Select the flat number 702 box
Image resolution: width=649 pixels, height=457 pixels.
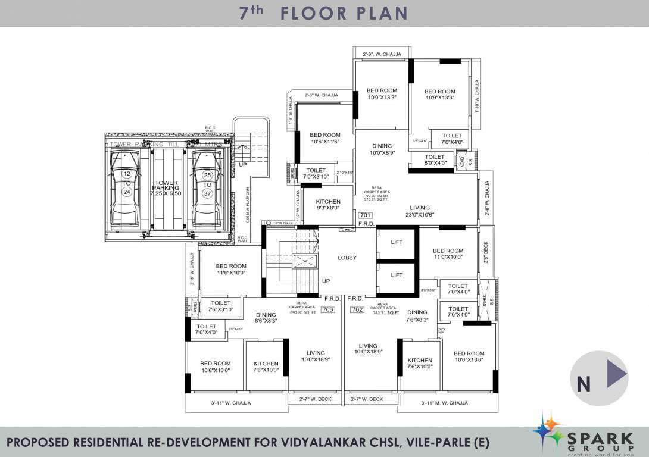pyautogui.click(x=358, y=309)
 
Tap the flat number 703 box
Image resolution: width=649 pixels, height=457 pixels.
pyautogui.click(x=327, y=309)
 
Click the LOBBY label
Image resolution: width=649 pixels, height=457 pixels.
pyautogui.click(x=347, y=258)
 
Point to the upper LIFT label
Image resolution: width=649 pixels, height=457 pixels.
pyautogui.click(x=397, y=242)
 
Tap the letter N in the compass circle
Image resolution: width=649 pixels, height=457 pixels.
pyautogui.click(x=584, y=384)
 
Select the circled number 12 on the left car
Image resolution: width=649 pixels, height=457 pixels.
pyautogui.click(x=127, y=174)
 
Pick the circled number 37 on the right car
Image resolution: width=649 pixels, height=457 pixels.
pyautogui.click(x=207, y=193)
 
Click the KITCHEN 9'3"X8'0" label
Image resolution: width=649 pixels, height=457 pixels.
pyautogui.click(x=328, y=205)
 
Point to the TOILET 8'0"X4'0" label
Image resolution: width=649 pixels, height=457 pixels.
pyautogui.click(x=435, y=159)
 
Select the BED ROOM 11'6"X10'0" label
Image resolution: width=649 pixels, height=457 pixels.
pyautogui.click(x=230, y=269)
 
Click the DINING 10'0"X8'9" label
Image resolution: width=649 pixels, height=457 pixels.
pyautogui.click(x=382, y=149)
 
